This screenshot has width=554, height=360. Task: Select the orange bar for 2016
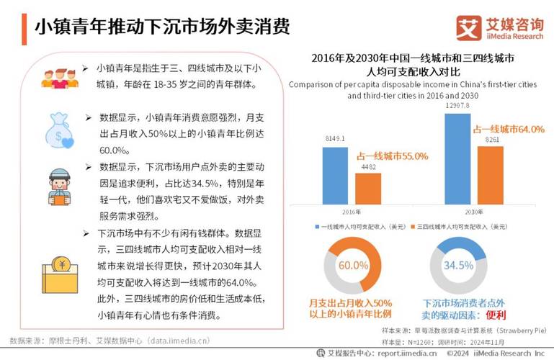point(368,189)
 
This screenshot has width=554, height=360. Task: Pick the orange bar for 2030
point(492,176)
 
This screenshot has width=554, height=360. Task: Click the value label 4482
point(368,167)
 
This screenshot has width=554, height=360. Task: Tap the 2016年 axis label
point(351,212)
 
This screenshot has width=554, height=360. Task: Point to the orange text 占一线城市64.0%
point(508,128)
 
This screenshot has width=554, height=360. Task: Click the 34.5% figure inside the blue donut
point(458,265)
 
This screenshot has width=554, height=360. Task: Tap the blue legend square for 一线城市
point(316,227)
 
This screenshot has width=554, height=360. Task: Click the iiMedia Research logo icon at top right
point(469,28)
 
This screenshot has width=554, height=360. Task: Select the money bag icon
point(58,130)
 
